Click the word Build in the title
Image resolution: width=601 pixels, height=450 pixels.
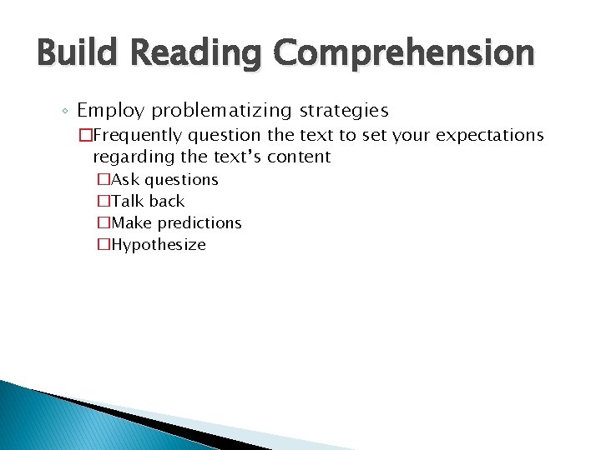(80, 52)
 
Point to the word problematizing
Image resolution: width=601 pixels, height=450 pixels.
(221, 110)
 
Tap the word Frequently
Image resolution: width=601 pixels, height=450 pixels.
(145, 135)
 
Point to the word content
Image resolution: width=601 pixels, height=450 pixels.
(299, 157)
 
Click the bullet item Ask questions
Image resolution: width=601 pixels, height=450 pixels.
(164, 179)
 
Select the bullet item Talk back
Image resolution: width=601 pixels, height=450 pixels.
(147, 201)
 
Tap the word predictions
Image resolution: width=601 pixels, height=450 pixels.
(199, 222)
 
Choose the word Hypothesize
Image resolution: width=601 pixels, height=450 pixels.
(158, 244)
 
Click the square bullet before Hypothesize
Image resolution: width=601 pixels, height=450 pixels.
(104, 244)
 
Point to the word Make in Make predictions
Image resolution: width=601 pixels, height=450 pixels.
(132, 222)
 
